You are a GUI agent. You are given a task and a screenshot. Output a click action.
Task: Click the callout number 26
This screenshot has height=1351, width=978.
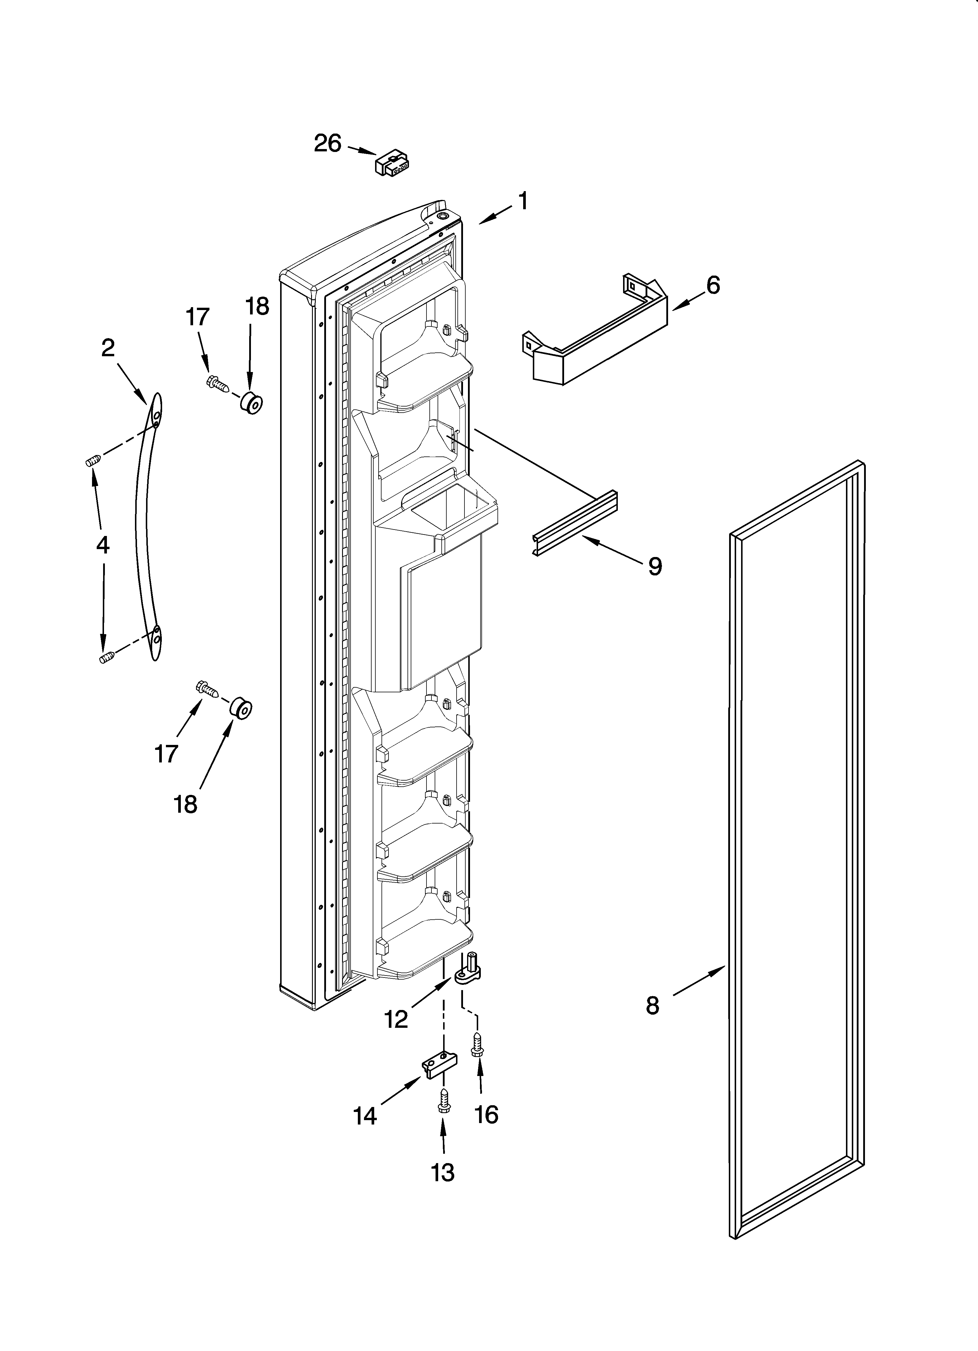(327, 143)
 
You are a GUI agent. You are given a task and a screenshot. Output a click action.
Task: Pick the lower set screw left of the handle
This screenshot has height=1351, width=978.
(105, 657)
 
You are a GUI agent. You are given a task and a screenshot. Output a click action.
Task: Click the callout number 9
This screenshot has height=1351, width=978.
(655, 566)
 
